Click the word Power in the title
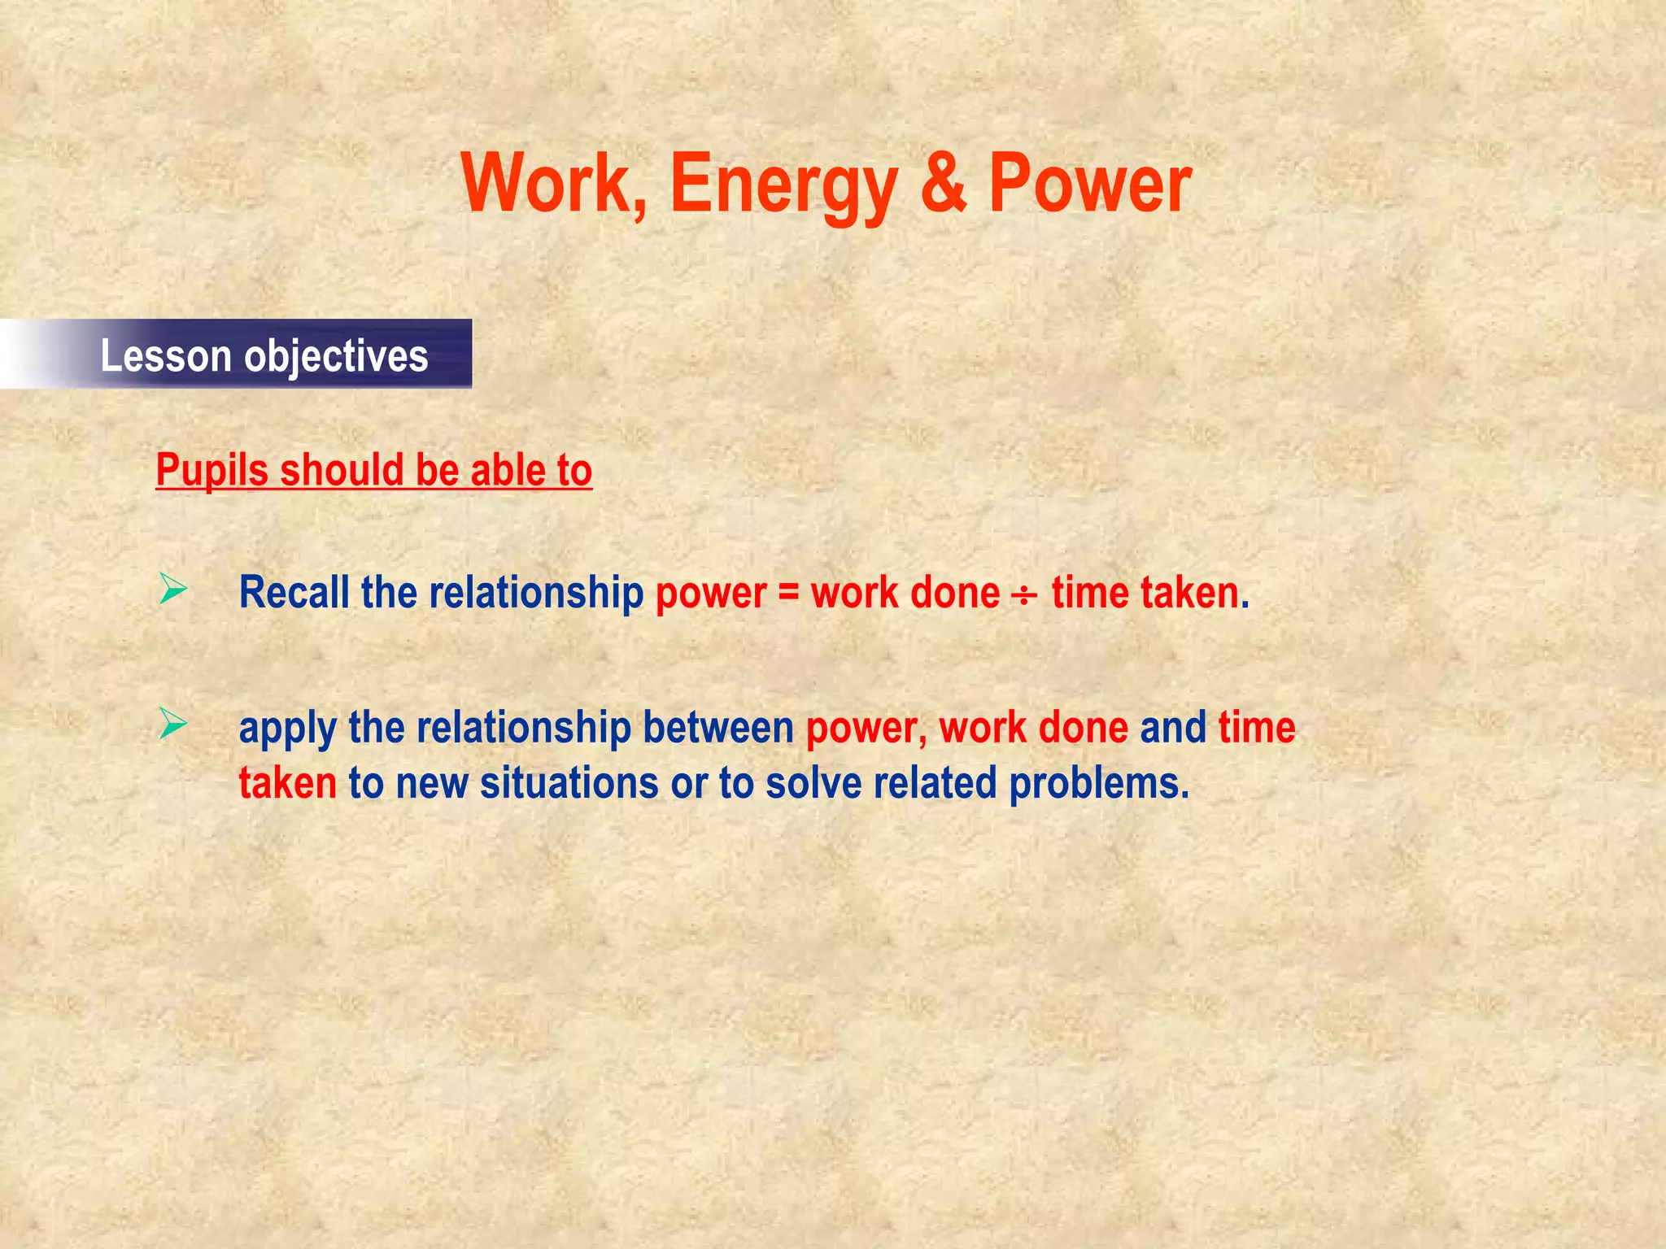(x=1090, y=185)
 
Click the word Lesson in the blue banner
(x=166, y=356)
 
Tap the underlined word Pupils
(x=212, y=471)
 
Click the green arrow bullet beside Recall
(x=173, y=589)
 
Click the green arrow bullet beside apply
(x=173, y=724)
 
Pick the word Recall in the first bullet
(x=293, y=592)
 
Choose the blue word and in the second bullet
(x=1172, y=727)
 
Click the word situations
(x=569, y=783)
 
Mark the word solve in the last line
(x=813, y=783)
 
